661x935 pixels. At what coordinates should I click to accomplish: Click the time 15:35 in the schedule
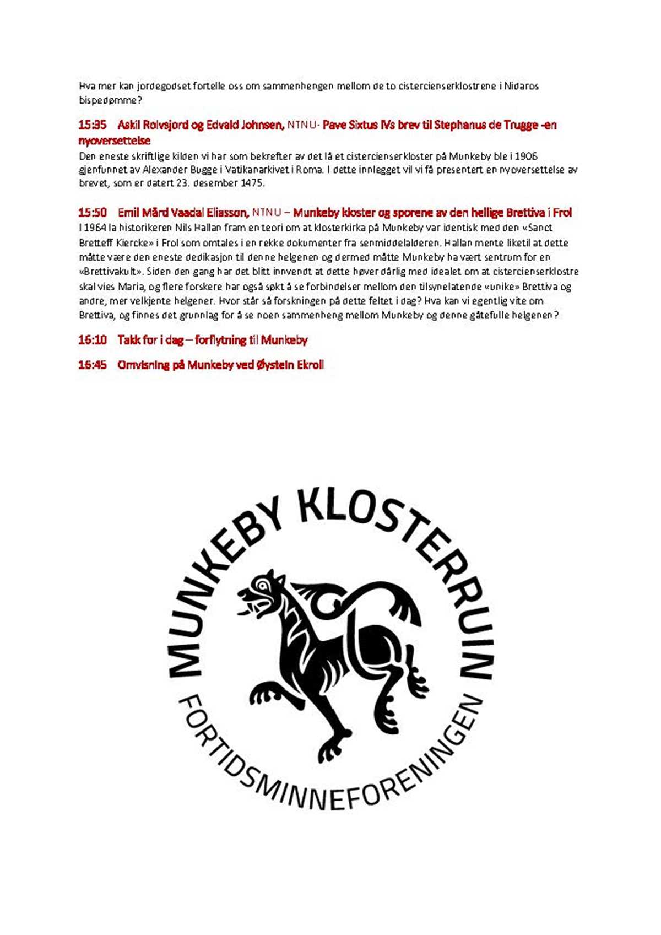pos(92,125)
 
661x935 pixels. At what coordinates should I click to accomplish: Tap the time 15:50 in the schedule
pos(92,213)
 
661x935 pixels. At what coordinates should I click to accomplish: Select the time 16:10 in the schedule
pos(92,340)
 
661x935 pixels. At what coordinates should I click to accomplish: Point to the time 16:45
pos(92,365)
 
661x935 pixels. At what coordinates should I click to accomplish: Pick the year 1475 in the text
pos(252,183)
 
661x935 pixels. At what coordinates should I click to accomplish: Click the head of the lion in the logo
pos(262,592)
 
